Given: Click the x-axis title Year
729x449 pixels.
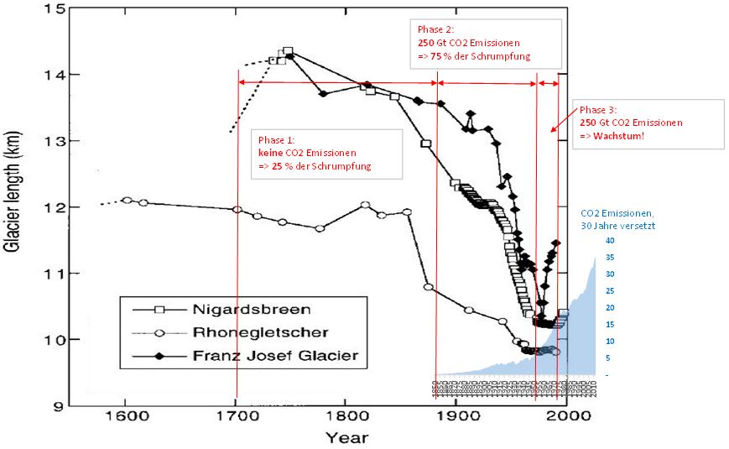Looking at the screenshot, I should [x=346, y=436].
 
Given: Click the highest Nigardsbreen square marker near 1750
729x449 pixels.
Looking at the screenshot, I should [x=288, y=51].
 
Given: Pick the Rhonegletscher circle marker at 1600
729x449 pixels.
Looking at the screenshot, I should [x=127, y=200].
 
